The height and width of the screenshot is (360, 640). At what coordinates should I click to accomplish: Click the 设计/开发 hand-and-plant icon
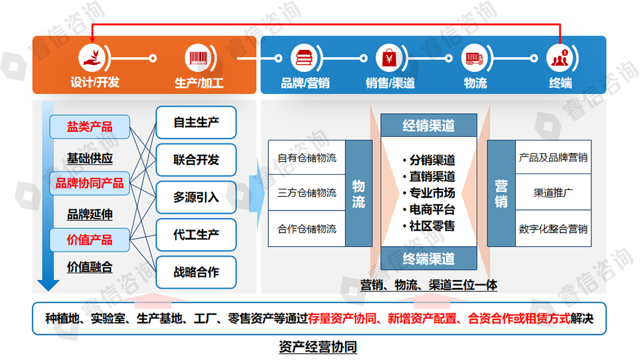tap(91, 58)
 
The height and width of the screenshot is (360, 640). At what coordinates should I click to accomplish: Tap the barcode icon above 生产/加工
tap(198, 58)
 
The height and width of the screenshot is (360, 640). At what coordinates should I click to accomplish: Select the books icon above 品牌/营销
tap(304, 58)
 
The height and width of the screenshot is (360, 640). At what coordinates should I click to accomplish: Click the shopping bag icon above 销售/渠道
tap(389, 58)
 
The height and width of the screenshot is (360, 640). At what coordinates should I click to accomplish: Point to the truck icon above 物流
tap(474, 58)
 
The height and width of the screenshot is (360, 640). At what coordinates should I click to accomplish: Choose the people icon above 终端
tap(559, 58)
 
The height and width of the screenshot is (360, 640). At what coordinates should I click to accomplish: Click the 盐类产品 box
tap(90, 127)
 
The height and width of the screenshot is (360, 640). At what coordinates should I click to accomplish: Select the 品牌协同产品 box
tap(90, 183)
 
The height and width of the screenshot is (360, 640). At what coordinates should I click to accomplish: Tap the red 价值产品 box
tap(90, 239)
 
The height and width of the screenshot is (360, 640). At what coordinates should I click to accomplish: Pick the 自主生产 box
tap(196, 122)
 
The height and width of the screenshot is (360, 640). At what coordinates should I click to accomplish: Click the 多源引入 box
tap(196, 197)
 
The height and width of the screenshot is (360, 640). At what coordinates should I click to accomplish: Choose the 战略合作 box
tap(196, 271)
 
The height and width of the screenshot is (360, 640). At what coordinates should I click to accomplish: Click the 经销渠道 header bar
tap(428, 126)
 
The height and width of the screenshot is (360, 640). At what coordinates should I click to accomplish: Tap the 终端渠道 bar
tap(428, 258)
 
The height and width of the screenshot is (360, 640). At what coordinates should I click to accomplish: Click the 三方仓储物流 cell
tap(306, 193)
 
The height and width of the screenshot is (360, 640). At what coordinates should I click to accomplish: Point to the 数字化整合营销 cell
tap(553, 229)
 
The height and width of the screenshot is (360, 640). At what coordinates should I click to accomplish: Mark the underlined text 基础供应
tap(90, 159)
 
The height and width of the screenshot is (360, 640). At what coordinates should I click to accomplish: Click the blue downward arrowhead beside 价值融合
tap(47, 284)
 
